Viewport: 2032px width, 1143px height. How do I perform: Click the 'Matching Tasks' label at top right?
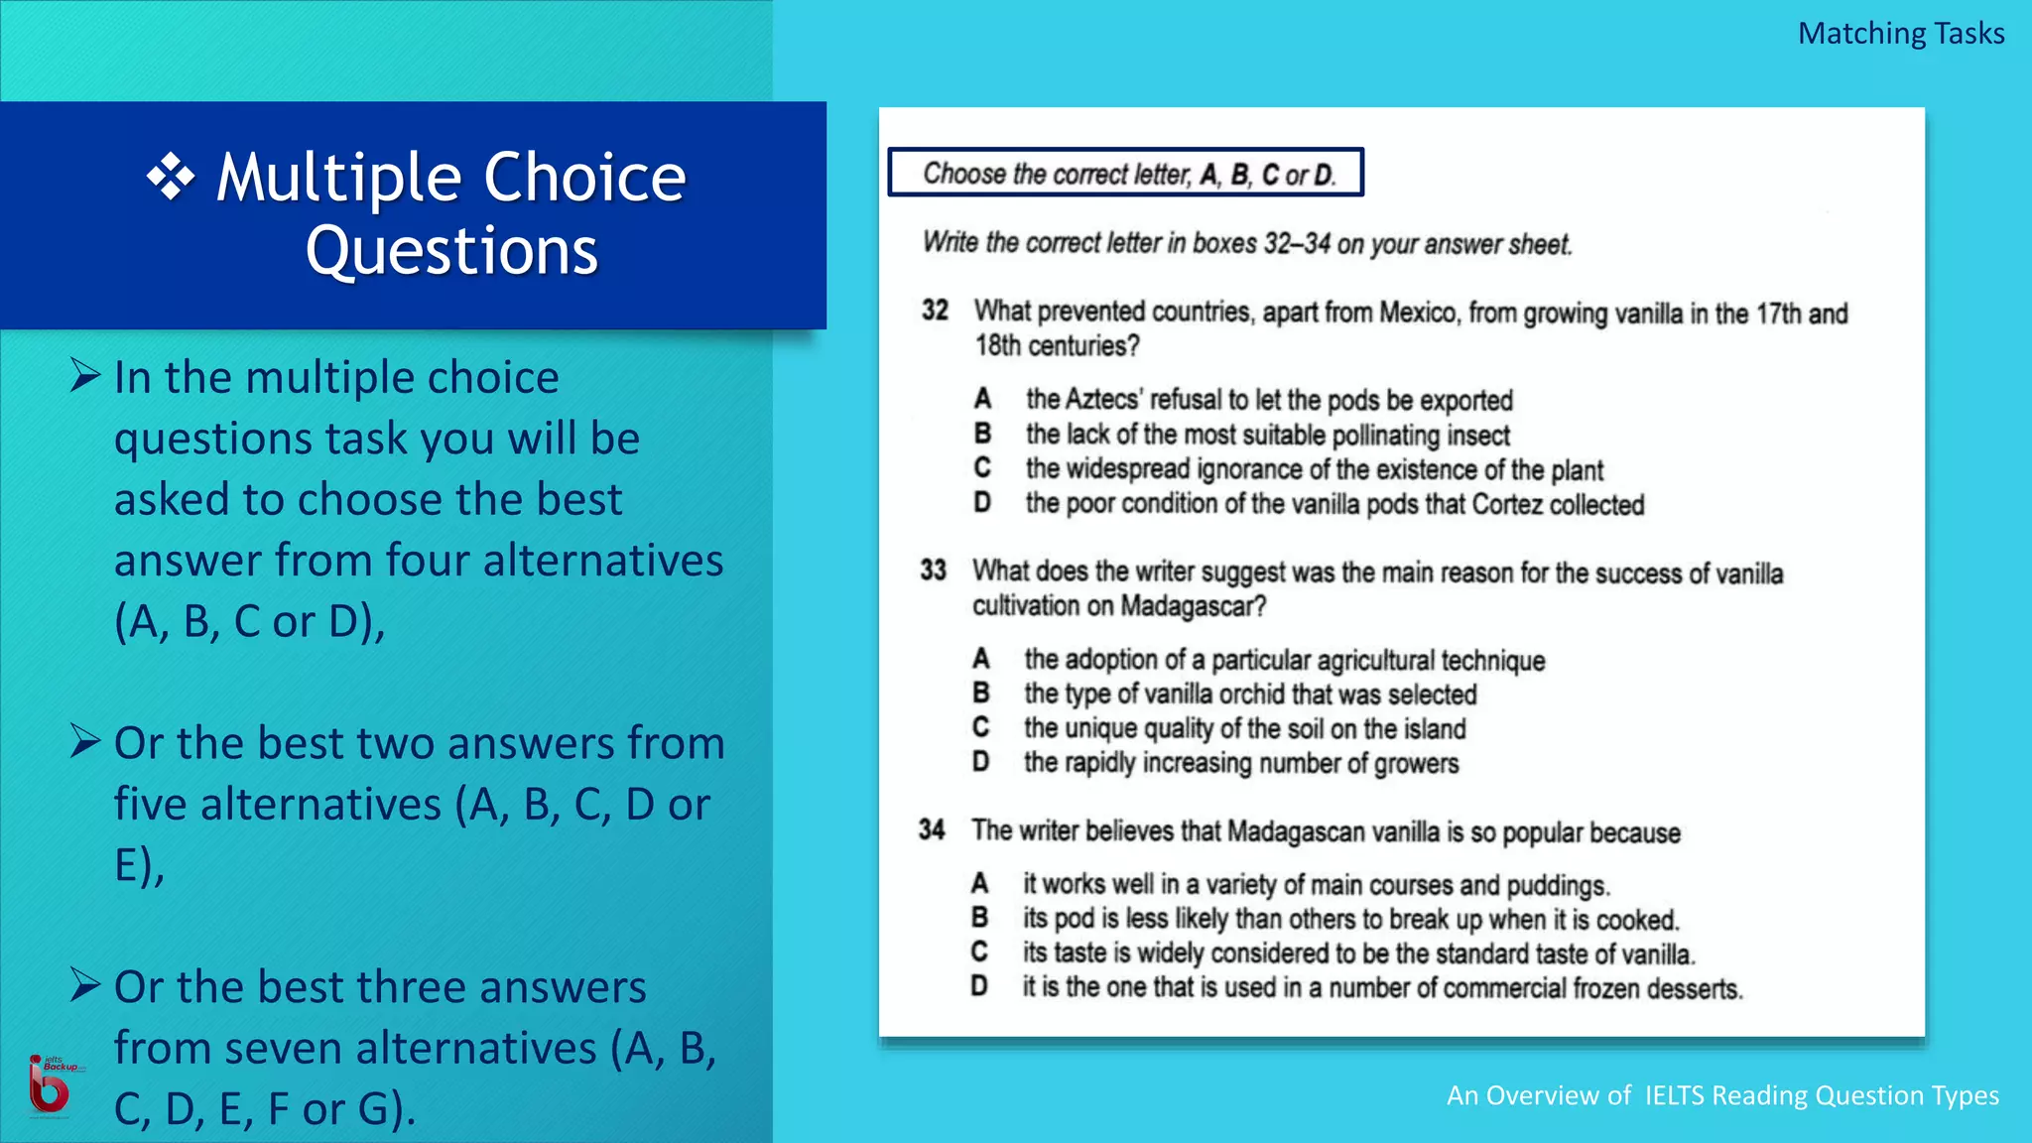coord(1900,34)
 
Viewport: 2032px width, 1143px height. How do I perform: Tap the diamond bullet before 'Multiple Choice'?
coord(171,178)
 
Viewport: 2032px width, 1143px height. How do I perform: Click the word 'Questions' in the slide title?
coord(451,250)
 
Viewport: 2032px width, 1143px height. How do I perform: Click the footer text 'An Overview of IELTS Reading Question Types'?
coord(1722,1095)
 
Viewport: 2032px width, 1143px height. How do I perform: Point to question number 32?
coord(935,311)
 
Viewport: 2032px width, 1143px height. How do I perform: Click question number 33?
coord(933,571)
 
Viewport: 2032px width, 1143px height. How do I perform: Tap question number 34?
coord(932,829)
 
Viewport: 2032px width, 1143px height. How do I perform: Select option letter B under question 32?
coord(982,434)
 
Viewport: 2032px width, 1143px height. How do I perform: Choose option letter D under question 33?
coord(980,762)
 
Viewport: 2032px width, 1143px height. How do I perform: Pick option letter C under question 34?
coord(979,952)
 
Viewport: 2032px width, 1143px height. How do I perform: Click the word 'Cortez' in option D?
coord(1507,504)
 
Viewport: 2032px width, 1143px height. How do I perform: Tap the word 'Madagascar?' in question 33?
coord(1194,605)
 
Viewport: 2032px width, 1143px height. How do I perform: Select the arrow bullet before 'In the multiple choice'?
coord(85,375)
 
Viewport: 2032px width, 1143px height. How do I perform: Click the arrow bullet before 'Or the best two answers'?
coord(85,741)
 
